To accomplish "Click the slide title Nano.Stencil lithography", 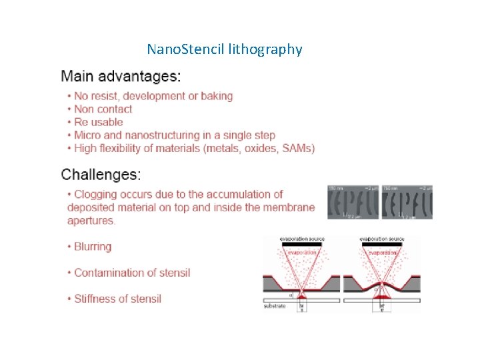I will click(x=224, y=49).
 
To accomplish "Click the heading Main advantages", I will click(x=121, y=75).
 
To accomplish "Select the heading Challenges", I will click(x=101, y=175).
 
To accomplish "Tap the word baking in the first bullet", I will click(x=216, y=96).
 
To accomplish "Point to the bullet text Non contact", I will click(x=103, y=109).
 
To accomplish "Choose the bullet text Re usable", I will click(x=98, y=122).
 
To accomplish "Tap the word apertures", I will click(x=91, y=221).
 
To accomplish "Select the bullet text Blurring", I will click(x=93, y=247).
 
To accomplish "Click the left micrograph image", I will click(x=353, y=202).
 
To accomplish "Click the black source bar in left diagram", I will click(x=301, y=245).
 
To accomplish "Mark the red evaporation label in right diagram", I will click(x=383, y=253).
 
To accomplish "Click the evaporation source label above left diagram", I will click(x=301, y=239).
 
